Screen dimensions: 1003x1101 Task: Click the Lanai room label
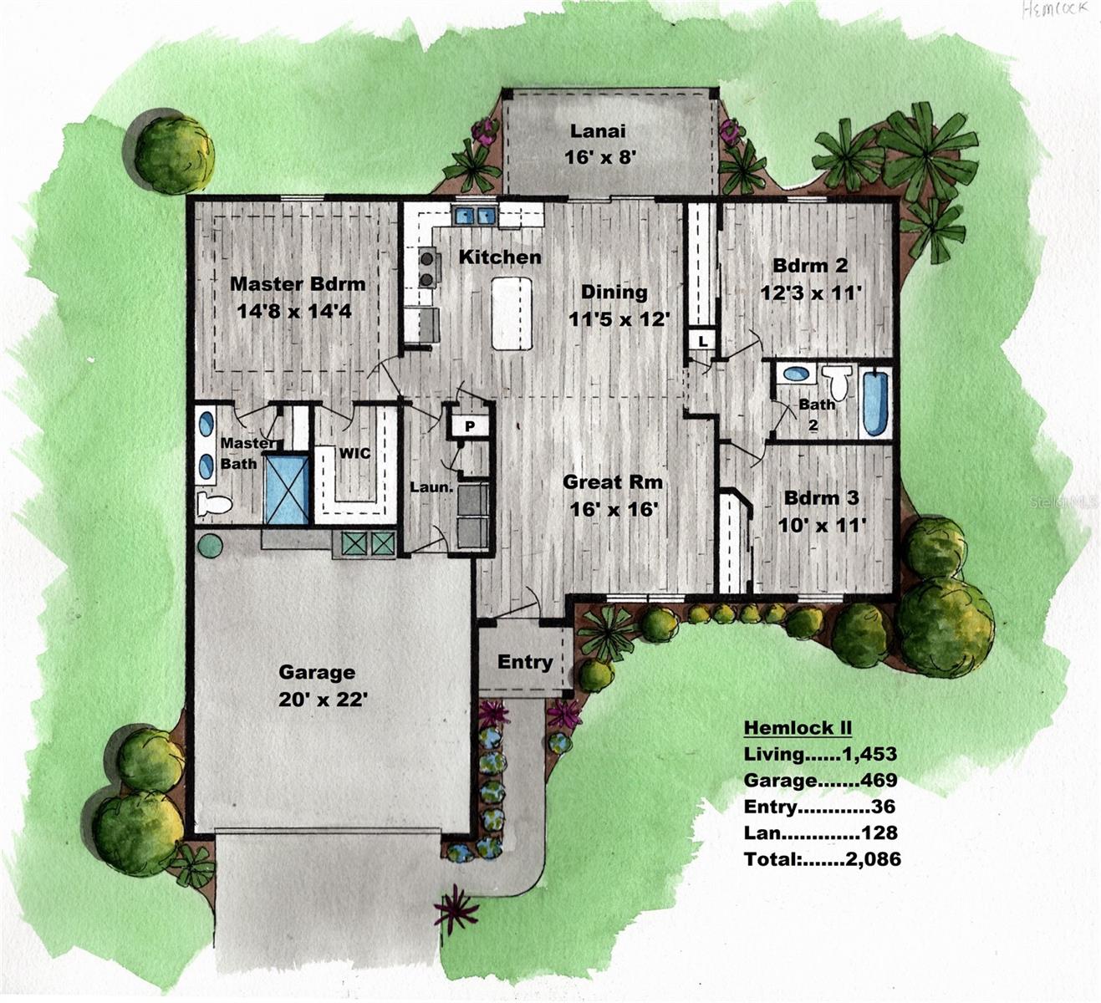(x=598, y=130)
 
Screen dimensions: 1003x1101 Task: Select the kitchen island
(x=512, y=313)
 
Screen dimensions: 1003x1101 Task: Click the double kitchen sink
(x=475, y=216)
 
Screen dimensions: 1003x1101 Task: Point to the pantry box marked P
(x=470, y=425)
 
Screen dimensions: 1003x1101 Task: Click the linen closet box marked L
(x=702, y=341)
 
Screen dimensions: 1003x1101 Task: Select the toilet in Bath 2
(x=837, y=384)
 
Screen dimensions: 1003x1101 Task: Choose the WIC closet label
(x=354, y=453)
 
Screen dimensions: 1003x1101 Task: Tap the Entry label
(x=525, y=662)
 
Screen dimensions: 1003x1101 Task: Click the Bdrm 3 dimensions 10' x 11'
(x=822, y=524)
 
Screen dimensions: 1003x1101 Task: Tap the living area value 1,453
(x=869, y=754)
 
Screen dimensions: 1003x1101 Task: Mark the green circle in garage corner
(x=210, y=545)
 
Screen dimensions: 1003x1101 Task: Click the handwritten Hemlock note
(x=1055, y=10)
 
